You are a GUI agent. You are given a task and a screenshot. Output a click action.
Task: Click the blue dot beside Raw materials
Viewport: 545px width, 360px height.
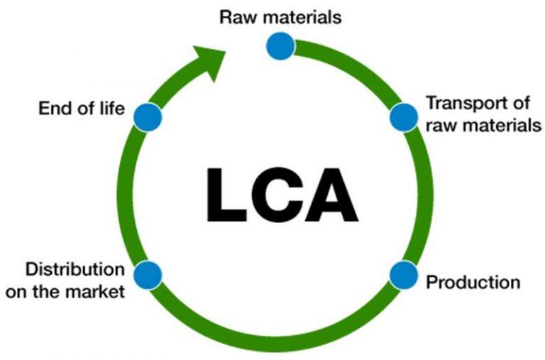tap(280, 46)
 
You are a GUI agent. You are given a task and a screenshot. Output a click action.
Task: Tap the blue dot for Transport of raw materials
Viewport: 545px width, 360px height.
tap(403, 116)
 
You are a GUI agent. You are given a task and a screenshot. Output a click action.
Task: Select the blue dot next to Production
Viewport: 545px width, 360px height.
tap(403, 275)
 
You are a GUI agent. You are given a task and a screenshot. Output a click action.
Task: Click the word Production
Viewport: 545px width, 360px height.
tap(473, 282)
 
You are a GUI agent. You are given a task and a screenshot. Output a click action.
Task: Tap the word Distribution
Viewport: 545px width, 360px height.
tap(74, 270)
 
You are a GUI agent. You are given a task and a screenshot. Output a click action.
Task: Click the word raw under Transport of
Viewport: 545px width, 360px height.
tap(439, 126)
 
